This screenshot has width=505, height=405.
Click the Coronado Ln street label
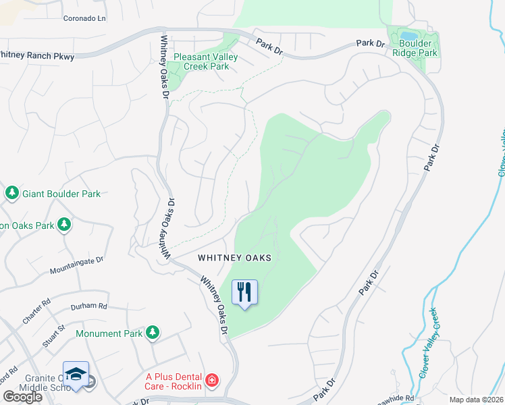84,19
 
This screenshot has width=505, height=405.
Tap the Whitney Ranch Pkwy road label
36,56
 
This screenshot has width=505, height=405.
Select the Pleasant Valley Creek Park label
206,62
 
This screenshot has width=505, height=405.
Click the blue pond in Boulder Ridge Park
408,35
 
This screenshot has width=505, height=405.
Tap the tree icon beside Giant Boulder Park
11,194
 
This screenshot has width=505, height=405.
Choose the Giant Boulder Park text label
61,194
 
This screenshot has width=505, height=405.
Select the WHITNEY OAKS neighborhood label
234,258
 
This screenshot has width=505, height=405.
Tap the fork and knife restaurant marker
244,292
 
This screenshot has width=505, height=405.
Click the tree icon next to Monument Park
153,332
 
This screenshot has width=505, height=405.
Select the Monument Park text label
109,333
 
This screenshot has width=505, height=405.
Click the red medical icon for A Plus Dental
212,381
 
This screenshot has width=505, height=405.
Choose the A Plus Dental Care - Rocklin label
173,381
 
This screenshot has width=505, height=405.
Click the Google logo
22,396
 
